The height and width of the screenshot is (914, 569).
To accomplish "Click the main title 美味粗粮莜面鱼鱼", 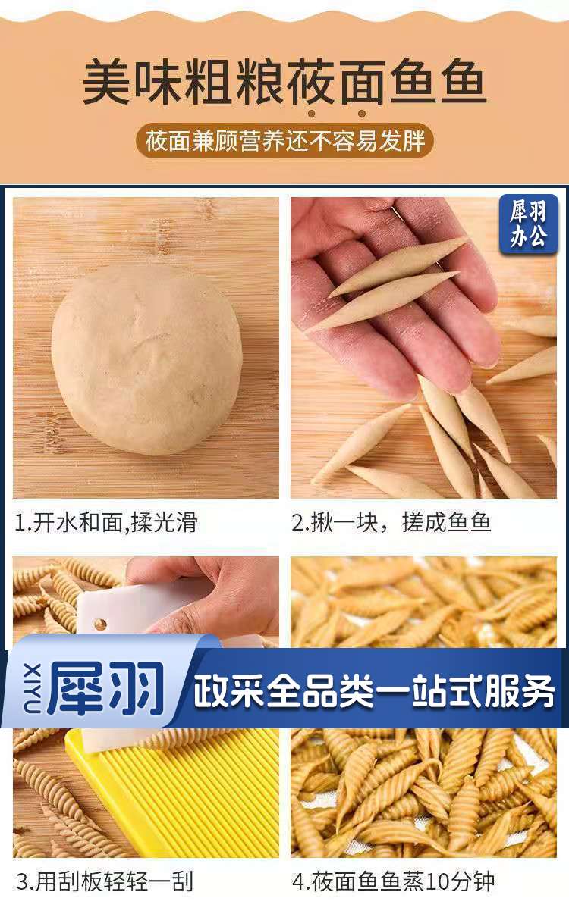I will click(284, 82).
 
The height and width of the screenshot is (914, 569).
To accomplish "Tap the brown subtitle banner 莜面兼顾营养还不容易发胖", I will click(284, 141).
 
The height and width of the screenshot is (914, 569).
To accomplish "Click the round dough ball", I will click(146, 358).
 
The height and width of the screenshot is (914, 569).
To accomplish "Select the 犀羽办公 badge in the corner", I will click(528, 224).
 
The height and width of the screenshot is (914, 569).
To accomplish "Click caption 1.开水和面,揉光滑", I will click(106, 523).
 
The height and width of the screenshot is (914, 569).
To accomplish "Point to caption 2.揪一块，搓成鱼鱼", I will click(391, 523).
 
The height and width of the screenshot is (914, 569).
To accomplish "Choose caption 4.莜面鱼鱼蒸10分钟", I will click(394, 881).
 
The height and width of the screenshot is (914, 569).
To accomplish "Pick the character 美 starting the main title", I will click(105, 82).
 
